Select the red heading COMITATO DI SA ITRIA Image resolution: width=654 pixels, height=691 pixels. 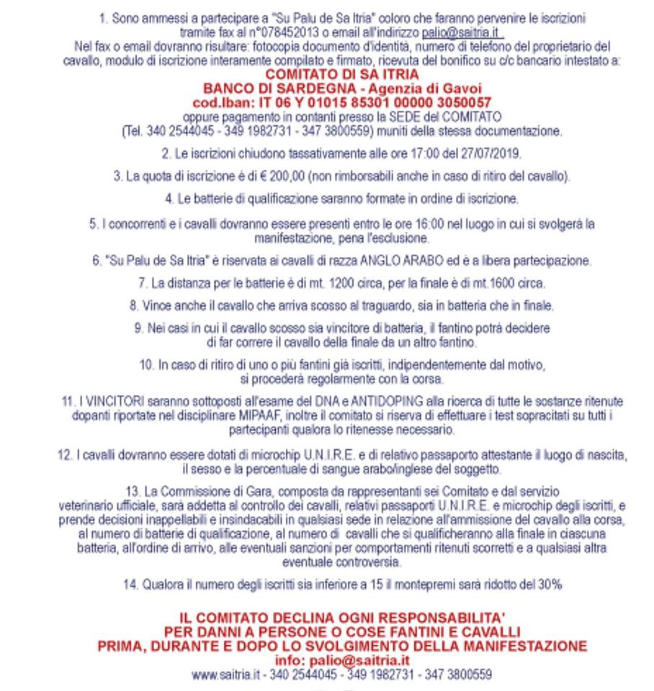pos(342,75)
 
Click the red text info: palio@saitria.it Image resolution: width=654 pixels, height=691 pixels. pos(342,660)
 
